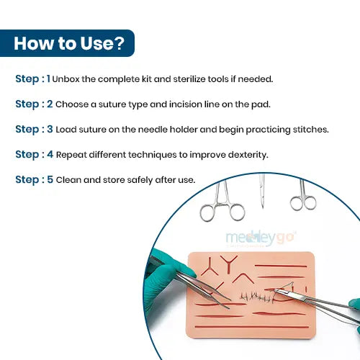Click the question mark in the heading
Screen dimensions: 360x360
[x=119, y=43]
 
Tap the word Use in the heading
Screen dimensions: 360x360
[x=96, y=43]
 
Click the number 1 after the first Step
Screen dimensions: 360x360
[x=48, y=78]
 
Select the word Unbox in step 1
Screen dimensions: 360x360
[x=66, y=79]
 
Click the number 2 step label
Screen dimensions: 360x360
[x=50, y=104]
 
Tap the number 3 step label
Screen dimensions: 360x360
[x=50, y=129]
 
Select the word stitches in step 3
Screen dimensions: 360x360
[x=310, y=130]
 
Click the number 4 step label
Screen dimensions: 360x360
[x=50, y=154]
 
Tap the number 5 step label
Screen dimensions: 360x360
[x=50, y=179]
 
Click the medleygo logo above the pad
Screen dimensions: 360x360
[x=261, y=238]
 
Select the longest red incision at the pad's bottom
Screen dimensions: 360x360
[x=252, y=327]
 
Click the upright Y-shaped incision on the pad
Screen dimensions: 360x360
[x=229, y=264]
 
